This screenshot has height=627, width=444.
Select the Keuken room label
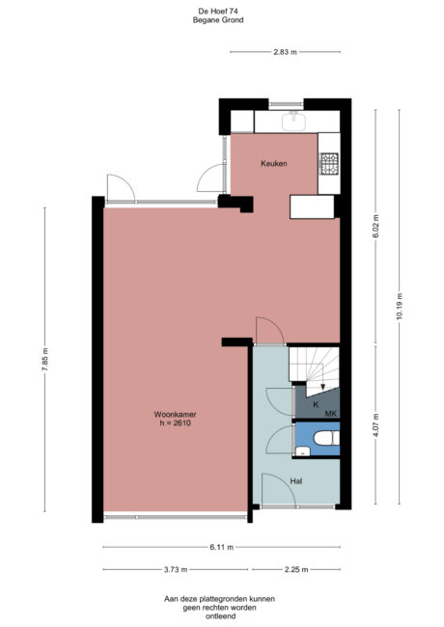coord(275,164)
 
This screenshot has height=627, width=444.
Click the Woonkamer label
coord(176,416)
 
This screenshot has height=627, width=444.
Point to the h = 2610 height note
coord(176,424)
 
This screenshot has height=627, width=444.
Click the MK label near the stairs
coord(330,414)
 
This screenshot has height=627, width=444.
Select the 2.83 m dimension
coord(285,51)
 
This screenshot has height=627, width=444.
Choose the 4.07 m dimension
coord(375,425)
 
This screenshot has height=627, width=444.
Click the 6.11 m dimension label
coord(221,549)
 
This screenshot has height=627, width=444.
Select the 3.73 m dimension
coord(175,570)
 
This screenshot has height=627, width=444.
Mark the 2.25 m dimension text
coord(295,570)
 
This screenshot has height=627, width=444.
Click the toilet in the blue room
coord(324,441)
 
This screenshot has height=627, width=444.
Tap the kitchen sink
coord(293,121)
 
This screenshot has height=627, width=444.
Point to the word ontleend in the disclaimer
coord(221,615)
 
